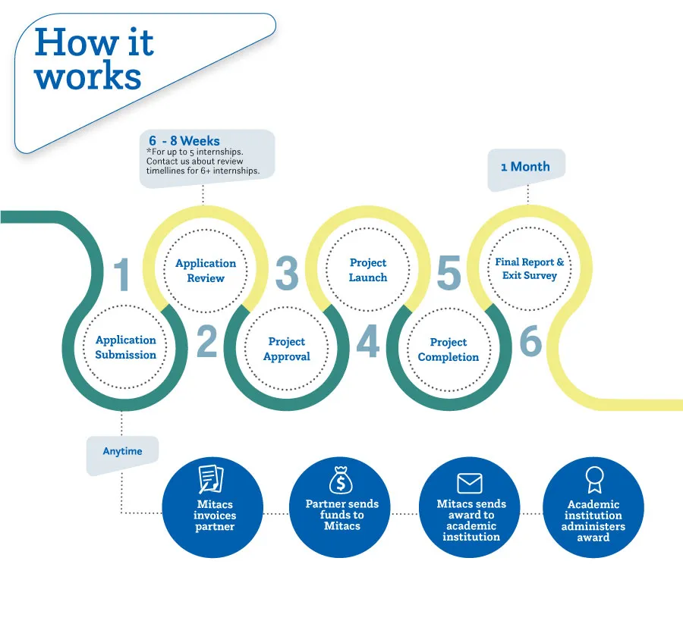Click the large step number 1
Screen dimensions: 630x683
(x=122, y=274)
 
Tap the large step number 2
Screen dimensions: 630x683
(x=206, y=343)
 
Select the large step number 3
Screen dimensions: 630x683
(x=287, y=274)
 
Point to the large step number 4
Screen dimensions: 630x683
(x=367, y=343)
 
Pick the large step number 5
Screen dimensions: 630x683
(x=449, y=274)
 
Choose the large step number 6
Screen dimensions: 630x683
(x=530, y=343)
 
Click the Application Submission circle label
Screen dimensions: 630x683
(x=126, y=347)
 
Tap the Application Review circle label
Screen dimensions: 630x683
(x=206, y=271)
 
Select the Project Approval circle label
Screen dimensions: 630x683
(x=287, y=349)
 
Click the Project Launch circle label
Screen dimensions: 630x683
(x=368, y=270)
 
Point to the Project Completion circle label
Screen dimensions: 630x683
(x=449, y=349)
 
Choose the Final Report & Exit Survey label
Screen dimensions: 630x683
(x=530, y=268)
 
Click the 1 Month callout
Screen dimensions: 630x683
(x=525, y=167)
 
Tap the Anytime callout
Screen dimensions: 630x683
(x=122, y=451)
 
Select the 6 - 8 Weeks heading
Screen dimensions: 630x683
(x=184, y=141)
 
